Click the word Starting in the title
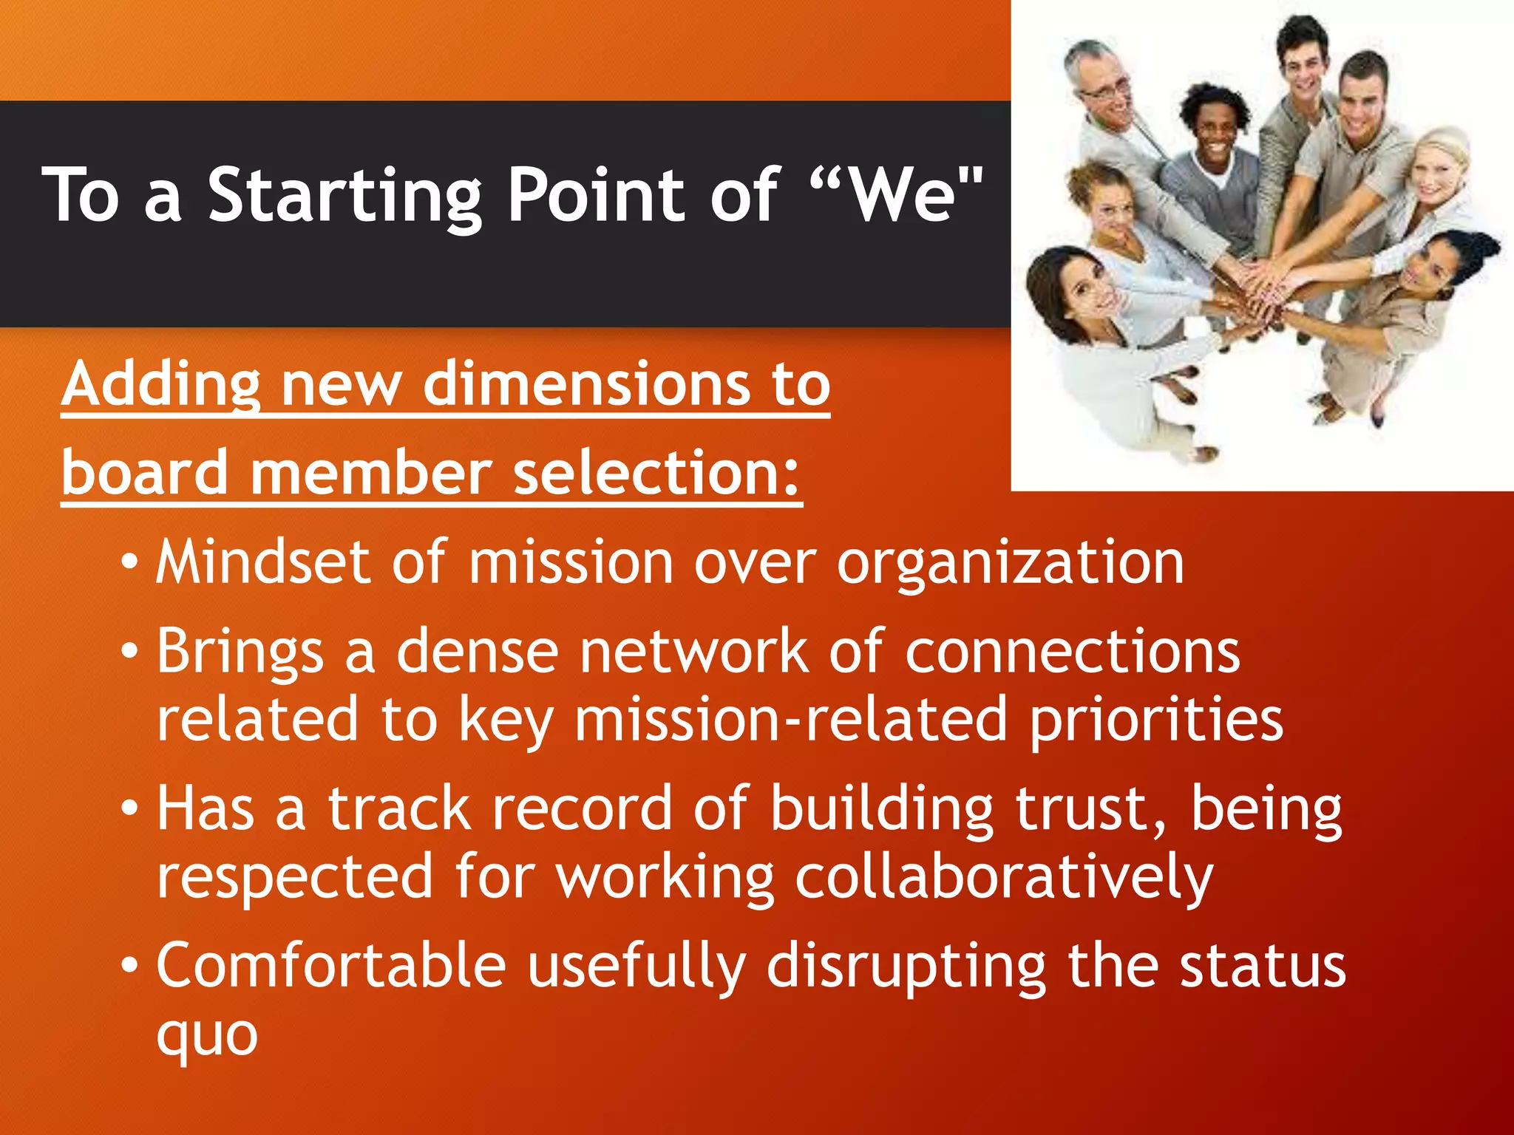pos(344,196)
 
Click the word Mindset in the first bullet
pos(262,563)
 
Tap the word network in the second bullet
pos(693,652)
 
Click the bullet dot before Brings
pos(129,652)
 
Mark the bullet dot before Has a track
pos(129,810)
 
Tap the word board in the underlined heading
pos(144,473)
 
